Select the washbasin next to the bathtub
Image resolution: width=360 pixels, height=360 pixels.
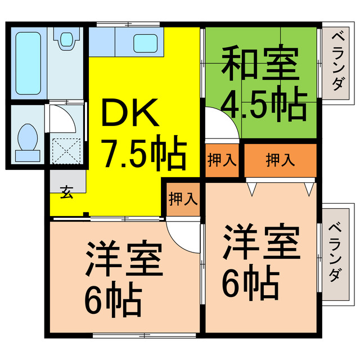[x=66, y=39]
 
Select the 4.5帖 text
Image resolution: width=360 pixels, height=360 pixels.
[x=263, y=105]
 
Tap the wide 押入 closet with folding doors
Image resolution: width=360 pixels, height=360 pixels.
[x=280, y=160]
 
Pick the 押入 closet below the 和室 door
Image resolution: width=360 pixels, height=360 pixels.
[x=222, y=160]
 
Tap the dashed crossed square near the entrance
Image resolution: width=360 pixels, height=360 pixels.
[x=67, y=150]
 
